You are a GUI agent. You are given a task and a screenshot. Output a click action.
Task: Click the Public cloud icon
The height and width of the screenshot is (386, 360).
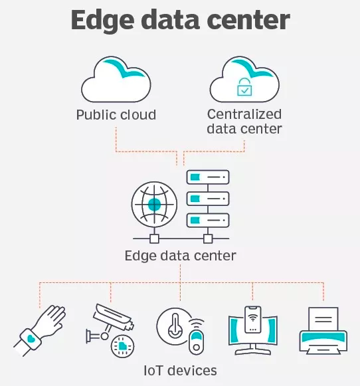click(116, 79)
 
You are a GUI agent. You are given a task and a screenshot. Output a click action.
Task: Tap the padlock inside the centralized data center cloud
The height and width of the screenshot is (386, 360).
click(244, 87)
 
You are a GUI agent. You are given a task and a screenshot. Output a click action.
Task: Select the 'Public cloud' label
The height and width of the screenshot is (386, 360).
click(116, 115)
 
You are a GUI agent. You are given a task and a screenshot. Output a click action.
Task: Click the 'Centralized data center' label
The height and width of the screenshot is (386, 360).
click(244, 122)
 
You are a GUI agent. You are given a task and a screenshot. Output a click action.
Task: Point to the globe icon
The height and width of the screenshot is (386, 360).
click(154, 205)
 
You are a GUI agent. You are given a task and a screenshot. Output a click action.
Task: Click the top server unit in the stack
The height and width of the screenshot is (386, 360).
click(208, 177)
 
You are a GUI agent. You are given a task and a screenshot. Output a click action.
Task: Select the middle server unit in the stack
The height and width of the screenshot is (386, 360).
click(208, 199)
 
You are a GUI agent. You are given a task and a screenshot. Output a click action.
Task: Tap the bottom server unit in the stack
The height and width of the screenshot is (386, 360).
click(208, 221)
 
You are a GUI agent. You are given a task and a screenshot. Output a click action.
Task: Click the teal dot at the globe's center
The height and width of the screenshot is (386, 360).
click(154, 205)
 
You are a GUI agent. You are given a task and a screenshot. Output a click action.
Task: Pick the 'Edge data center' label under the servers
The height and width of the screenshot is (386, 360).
click(181, 256)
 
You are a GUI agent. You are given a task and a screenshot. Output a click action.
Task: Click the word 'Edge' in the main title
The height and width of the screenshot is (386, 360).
click(102, 21)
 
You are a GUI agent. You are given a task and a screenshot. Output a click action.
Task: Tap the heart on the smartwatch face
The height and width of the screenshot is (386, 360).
click(31, 339)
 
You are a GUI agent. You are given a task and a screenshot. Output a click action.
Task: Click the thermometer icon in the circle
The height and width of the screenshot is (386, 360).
click(175, 326)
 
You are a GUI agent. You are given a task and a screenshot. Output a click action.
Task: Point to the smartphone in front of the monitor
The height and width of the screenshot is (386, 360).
click(252, 320)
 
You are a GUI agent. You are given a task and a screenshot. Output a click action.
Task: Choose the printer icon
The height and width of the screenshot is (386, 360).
click(323, 331)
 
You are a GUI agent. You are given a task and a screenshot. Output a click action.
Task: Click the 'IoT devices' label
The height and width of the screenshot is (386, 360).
click(181, 371)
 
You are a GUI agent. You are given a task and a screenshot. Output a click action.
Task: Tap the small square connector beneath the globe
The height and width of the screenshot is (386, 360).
click(154, 239)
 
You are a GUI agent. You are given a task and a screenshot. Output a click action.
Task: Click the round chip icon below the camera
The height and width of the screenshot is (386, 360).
click(122, 346)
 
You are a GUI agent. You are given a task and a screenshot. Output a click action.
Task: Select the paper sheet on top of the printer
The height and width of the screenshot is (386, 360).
click(323, 319)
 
